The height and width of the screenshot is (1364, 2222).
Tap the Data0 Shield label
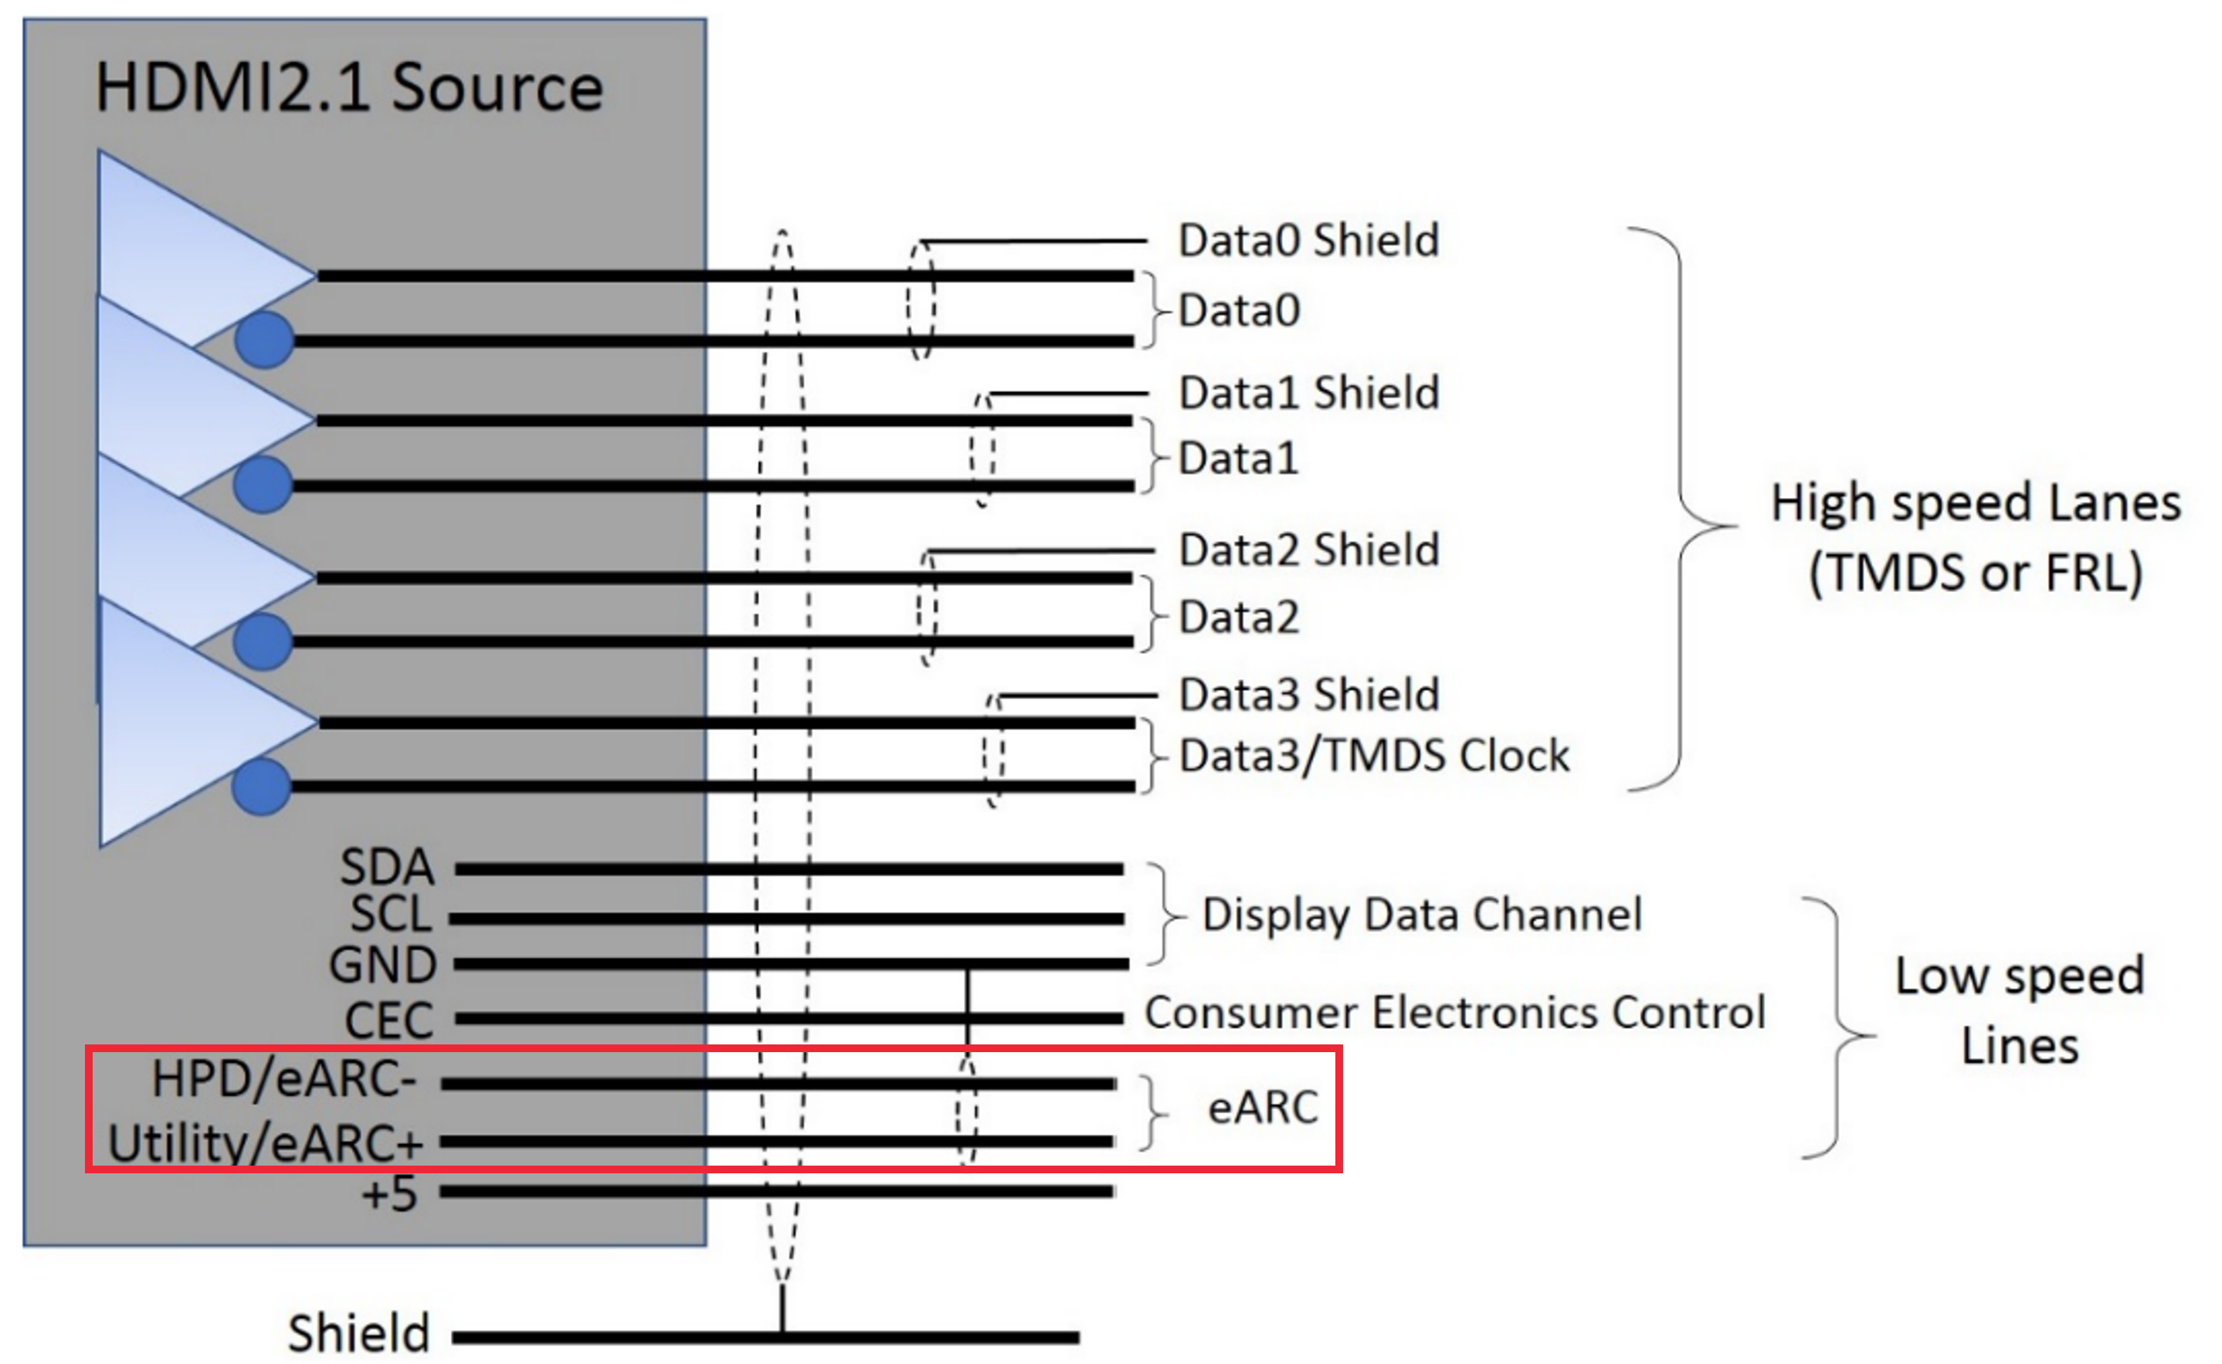point(1308,241)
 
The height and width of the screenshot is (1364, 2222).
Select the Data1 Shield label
point(1308,394)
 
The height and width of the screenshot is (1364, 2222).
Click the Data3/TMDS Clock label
point(1374,755)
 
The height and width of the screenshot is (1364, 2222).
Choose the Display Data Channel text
point(1421,914)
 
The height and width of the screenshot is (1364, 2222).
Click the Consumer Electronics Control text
point(1455,1012)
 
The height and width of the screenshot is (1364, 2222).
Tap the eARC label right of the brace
point(1263,1107)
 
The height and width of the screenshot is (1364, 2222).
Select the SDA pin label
point(387,867)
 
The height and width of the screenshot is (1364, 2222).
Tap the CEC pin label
point(389,1020)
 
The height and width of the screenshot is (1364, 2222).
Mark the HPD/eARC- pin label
point(284,1079)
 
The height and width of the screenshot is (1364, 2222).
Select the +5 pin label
point(389,1193)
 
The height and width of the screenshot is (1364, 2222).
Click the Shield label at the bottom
point(358,1332)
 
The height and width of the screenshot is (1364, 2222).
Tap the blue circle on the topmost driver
point(264,340)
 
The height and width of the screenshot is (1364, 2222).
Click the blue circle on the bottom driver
point(262,787)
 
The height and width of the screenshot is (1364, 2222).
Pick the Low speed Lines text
point(2020,1010)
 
